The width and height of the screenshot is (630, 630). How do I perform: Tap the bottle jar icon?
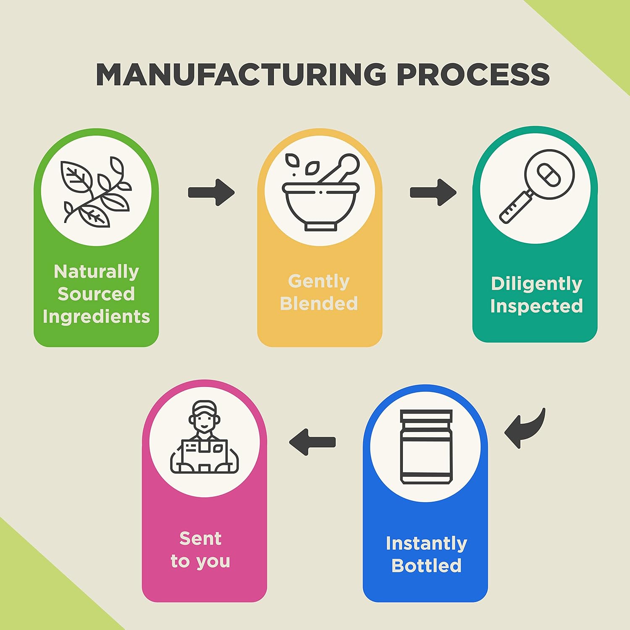pyautogui.click(x=426, y=447)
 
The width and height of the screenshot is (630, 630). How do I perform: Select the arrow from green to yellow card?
pyautogui.click(x=211, y=192)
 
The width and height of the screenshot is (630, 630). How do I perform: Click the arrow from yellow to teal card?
pyautogui.click(x=433, y=192)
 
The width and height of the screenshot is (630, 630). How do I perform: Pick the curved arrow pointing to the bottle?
pyautogui.click(x=525, y=428)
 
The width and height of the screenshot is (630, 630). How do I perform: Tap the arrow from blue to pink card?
pyautogui.click(x=312, y=442)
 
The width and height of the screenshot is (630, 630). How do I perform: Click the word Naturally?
pyautogui.click(x=96, y=272)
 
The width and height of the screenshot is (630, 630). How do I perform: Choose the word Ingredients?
pyautogui.click(x=96, y=316)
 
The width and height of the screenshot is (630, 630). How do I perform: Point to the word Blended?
pyautogui.click(x=319, y=303)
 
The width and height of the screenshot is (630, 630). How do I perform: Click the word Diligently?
pyautogui.click(x=536, y=284)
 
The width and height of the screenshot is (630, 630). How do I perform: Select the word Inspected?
pyautogui.click(x=536, y=306)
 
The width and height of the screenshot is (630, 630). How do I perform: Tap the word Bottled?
pyautogui.click(x=426, y=565)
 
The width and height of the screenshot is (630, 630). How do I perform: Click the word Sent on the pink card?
pyautogui.click(x=200, y=538)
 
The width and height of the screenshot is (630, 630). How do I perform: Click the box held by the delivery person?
pyautogui.click(x=204, y=451)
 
